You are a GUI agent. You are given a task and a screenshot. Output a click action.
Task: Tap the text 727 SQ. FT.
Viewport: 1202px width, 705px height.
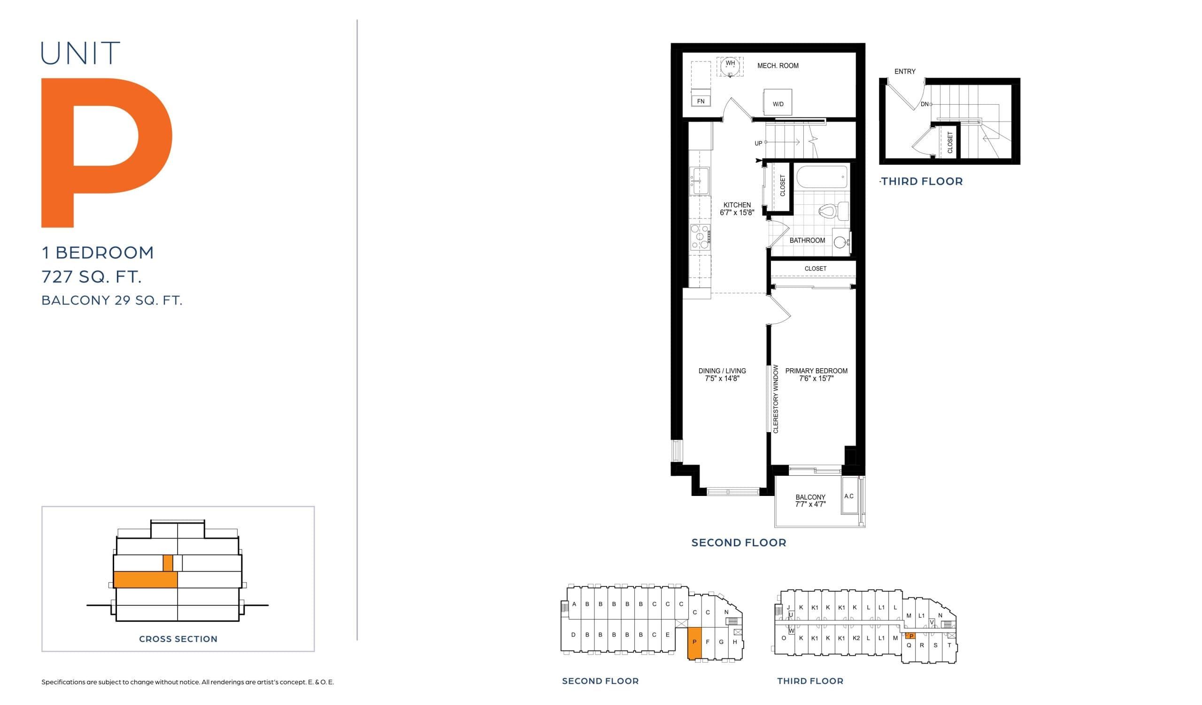91,277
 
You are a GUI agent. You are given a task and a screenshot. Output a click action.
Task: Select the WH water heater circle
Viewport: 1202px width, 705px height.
730,66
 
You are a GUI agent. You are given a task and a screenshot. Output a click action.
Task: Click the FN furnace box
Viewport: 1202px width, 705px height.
701,101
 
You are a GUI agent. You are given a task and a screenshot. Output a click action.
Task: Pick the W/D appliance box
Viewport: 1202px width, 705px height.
778,102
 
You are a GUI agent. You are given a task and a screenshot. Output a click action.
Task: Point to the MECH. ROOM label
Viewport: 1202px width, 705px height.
778,66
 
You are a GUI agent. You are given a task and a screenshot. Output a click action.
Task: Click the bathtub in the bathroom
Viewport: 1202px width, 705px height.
822,177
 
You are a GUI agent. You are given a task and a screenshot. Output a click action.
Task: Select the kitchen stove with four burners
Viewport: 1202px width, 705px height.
700,237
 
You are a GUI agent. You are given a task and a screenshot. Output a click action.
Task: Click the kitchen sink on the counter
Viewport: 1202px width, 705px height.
700,180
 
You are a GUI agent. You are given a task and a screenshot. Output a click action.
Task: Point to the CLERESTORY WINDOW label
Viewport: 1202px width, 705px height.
776,399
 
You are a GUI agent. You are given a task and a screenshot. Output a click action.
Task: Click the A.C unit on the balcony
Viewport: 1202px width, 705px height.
849,496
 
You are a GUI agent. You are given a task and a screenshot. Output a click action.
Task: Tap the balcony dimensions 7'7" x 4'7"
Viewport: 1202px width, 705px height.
810,504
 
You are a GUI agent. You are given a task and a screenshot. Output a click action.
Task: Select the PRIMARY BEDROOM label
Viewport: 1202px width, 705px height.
816,371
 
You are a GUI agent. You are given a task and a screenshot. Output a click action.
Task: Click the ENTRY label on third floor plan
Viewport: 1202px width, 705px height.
904,71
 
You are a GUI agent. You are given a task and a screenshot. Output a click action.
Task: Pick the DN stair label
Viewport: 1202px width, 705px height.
925,104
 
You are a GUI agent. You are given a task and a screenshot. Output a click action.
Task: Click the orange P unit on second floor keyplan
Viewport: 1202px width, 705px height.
694,643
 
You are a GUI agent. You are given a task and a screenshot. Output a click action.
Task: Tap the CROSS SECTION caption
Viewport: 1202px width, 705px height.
178,639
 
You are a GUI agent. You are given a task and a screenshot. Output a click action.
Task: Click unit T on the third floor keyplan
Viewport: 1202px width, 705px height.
949,645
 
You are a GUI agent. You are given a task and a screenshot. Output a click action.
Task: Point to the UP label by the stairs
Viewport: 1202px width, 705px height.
758,143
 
